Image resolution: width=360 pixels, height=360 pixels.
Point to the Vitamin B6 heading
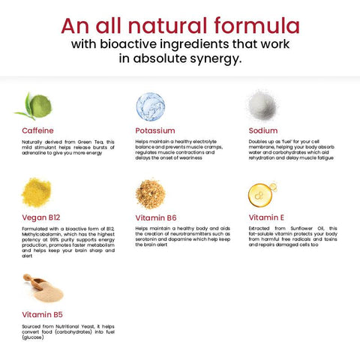(x=156, y=217)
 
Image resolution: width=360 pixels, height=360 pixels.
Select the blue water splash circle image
(x=150, y=105)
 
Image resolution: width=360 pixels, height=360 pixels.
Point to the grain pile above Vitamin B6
(x=150, y=193)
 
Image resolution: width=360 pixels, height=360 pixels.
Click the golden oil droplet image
(x=262, y=193)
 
